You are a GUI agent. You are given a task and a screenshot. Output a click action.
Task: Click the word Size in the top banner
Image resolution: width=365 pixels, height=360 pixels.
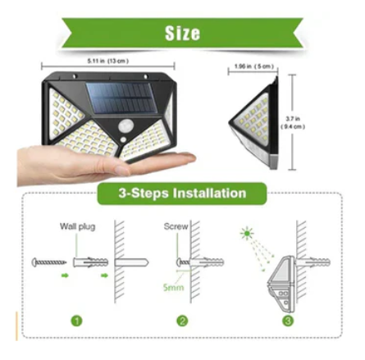coord(182,34)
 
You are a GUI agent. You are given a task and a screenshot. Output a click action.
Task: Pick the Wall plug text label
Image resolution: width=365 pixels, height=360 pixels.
coord(77,226)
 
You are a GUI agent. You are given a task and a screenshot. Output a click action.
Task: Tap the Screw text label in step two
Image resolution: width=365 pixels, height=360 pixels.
coord(175,226)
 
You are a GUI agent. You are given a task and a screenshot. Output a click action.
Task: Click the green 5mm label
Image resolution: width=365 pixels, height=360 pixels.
coord(173,288)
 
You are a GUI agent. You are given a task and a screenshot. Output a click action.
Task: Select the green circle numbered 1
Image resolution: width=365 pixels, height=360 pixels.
coord(75,321)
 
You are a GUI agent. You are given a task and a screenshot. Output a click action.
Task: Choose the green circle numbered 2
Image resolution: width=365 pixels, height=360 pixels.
coord(182,321)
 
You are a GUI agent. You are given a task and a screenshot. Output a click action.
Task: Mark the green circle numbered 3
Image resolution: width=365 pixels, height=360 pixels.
coord(288,321)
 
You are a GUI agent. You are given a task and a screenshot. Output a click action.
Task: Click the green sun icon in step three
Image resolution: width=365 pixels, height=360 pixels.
coord(245,235)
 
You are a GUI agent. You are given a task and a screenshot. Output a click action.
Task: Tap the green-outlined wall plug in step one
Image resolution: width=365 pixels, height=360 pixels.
coord(90,262)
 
